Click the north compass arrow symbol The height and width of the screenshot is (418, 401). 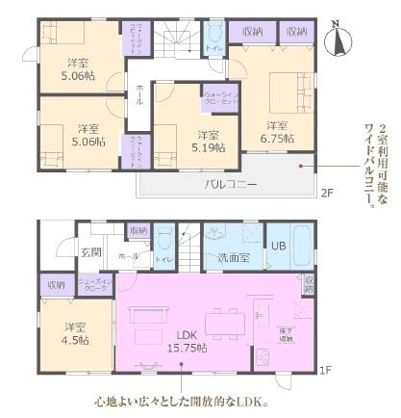click(338, 39)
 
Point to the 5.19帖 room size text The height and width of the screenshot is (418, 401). click(208, 147)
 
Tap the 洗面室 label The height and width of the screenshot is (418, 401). click(232, 257)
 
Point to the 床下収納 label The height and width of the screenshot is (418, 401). click(286, 331)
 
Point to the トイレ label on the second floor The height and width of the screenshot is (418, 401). click(213, 47)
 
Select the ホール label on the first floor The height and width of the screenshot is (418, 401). click(128, 257)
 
